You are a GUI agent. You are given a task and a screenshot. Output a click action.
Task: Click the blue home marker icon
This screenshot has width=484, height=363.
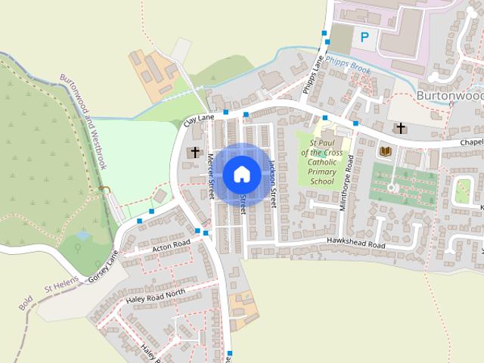coord(241,174)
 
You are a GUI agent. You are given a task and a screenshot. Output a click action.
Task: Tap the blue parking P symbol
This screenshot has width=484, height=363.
coord(365,36)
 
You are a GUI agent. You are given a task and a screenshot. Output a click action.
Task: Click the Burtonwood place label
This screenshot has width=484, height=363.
coord(450,96)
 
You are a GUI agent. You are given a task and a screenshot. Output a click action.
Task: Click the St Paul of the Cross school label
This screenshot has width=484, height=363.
coord(321,166)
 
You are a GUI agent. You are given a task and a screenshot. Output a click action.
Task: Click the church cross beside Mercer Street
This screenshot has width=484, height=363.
coord(194,153)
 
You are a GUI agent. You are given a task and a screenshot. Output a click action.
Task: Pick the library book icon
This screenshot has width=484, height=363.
coord(386,152)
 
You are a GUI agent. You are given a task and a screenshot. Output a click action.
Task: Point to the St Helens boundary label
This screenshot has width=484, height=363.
coord(60,287)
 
